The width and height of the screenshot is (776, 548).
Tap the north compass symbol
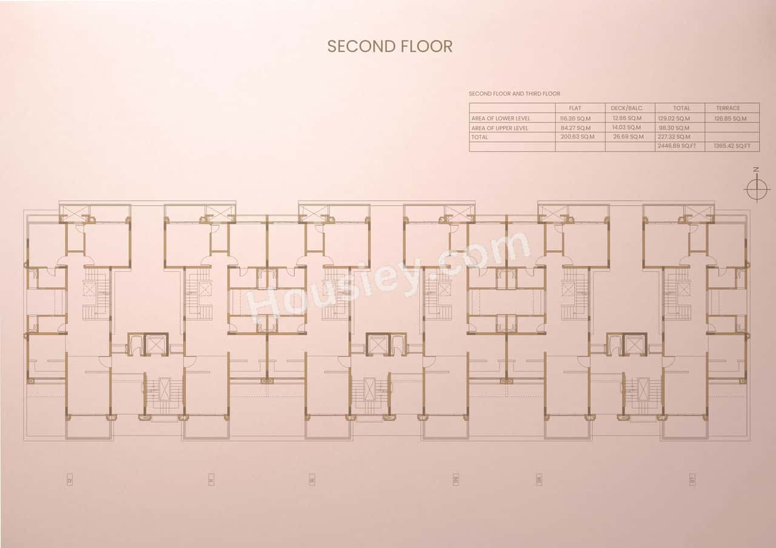756,188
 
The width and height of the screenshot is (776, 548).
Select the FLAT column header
575,108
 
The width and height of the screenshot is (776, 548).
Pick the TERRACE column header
727,108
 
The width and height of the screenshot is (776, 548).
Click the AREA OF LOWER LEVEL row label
501,119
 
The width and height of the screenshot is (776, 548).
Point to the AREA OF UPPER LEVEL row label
500,128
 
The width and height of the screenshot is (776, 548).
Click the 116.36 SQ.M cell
575,119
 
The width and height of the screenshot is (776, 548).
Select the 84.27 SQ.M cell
575,128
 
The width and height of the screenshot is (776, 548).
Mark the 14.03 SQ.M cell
627,128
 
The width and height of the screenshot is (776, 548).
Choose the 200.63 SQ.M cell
577,137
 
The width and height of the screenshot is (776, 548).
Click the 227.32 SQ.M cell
674,137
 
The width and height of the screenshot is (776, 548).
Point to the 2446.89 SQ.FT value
676,147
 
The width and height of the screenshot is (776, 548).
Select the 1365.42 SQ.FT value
732,147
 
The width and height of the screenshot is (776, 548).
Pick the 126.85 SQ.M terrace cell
730,119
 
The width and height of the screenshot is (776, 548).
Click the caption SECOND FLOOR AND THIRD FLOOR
515,94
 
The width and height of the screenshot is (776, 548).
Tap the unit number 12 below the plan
70,480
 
